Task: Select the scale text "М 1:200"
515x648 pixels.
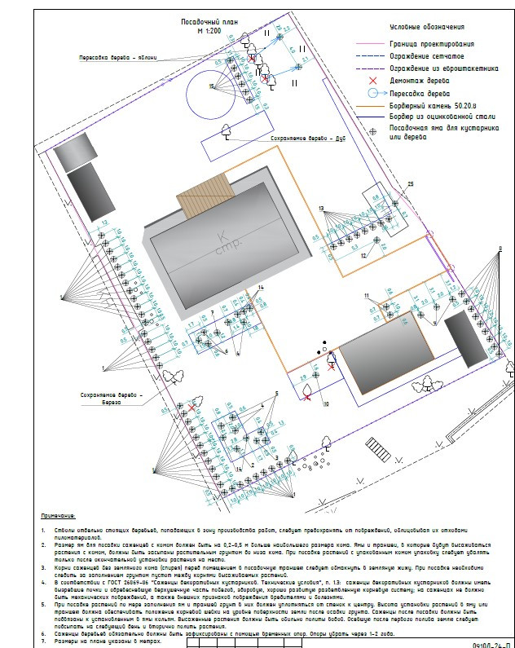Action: [209, 29]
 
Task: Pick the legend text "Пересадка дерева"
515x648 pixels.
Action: [423, 94]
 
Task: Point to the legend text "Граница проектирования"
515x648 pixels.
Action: [432, 43]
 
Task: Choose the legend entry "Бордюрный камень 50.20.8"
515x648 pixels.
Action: [434, 106]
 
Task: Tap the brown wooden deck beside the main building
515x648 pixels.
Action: [196, 197]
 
